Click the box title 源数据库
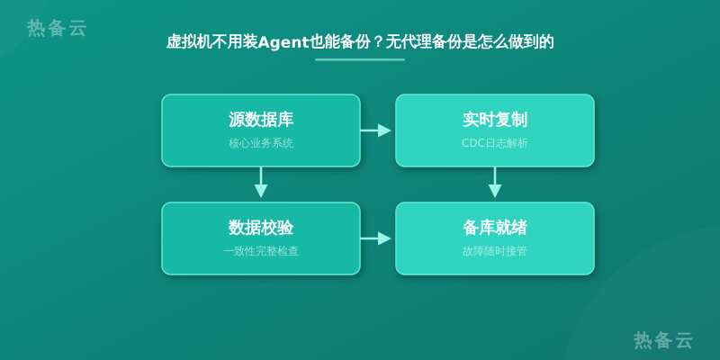261,120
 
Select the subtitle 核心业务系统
261,143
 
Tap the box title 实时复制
494,120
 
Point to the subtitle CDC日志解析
494,143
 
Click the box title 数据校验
261,228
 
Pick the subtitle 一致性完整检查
261,251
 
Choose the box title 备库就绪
494,228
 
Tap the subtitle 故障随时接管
494,251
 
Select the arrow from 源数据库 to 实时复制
375,130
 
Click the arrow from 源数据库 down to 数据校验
261,183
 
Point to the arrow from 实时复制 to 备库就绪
494,183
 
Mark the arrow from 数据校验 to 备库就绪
375,238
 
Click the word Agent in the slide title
283,42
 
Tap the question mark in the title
377,42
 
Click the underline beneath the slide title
360,59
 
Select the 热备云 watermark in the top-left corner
57,28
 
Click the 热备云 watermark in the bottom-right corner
663,340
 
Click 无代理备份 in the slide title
424,42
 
